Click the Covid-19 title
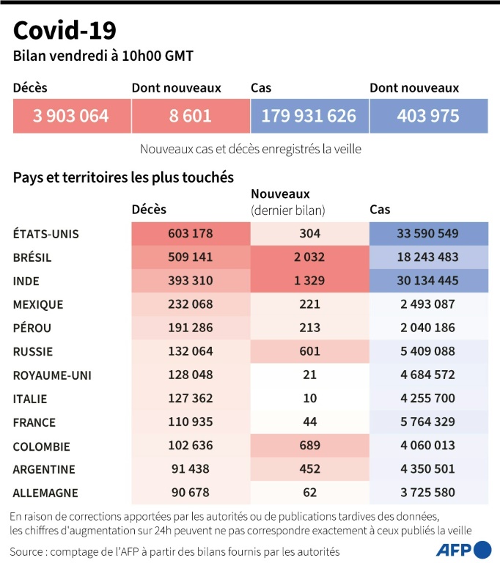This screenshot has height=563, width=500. [x=65, y=31]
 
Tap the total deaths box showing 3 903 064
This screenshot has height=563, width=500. [x=71, y=116]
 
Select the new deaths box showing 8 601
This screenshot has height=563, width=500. [x=190, y=116]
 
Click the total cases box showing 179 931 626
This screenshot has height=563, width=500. [x=309, y=116]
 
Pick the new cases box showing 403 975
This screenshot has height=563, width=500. [x=428, y=116]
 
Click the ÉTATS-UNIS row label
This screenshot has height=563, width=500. [x=46, y=234]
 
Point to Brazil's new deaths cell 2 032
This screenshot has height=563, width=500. [x=309, y=257]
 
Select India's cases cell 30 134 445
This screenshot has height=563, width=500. [x=429, y=281]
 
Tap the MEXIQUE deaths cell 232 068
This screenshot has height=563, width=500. [x=190, y=304]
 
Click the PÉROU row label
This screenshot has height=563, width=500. [x=33, y=328]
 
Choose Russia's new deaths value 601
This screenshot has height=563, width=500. [x=309, y=351]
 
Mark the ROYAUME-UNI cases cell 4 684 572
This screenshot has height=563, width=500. [x=429, y=375]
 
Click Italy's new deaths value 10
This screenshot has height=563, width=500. [x=309, y=398]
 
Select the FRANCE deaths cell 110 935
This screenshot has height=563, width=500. [x=190, y=422]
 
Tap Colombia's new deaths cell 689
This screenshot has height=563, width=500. [x=309, y=445]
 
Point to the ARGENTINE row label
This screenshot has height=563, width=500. [x=44, y=469]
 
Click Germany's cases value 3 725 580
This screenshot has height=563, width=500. [x=429, y=493]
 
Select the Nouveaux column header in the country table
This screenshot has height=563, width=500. [x=281, y=194]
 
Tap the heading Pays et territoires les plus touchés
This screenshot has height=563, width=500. [x=123, y=177]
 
